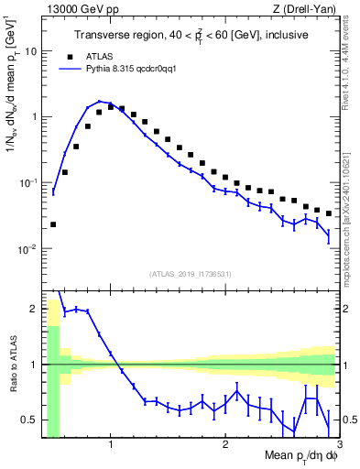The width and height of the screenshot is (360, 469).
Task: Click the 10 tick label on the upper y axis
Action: [x=29, y=51]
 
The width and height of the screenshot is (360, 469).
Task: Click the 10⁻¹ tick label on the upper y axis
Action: [x=27, y=183]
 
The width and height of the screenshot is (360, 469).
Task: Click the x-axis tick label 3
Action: [x=338, y=446]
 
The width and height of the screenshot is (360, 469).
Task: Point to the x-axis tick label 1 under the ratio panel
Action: [x=110, y=446]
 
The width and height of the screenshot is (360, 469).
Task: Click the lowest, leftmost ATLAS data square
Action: [x=53, y=224]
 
